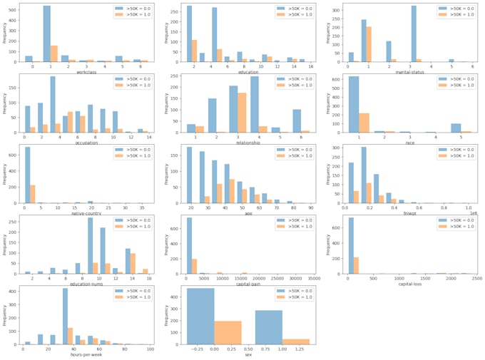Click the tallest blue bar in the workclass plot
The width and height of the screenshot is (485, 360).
click(x=66, y=34)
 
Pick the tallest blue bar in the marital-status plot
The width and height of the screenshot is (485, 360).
click(x=414, y=34)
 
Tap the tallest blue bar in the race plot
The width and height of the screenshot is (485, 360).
click(x=354, y=104)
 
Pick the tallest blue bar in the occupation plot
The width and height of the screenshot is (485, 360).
click(x=53, y=105)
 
